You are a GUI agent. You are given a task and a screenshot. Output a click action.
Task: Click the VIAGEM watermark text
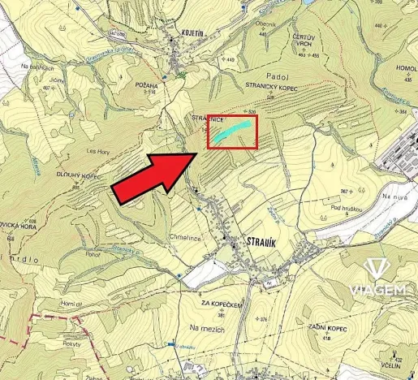tap(377, 290)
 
